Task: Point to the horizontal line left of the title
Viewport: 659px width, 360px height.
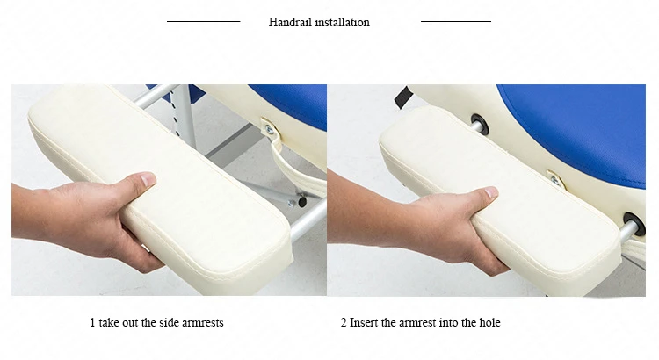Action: [x=204, y=21]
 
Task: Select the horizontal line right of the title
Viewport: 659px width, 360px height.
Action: [x=456, y=21]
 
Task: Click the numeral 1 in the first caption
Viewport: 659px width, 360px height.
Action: [x=92, y=322]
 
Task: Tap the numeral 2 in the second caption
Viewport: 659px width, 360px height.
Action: [x=344, y=322]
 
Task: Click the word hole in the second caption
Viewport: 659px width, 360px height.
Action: [x=489, y=322]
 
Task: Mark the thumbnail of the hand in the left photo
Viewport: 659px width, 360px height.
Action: [x=148, y=181]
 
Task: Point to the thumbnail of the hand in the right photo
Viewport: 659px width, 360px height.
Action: [x=491, y=192]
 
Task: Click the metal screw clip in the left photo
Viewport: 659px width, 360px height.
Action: [x=268, y=128]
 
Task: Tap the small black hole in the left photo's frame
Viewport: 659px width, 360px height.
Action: [x=302, y=202]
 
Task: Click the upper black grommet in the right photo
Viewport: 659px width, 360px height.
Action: [x=479, y=125]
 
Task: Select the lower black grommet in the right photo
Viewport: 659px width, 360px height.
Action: [x=634, y=224]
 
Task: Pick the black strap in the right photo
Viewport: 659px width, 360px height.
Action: [x=402, y=97]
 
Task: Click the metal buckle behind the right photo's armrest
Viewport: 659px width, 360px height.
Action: [x=556, y=179]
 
